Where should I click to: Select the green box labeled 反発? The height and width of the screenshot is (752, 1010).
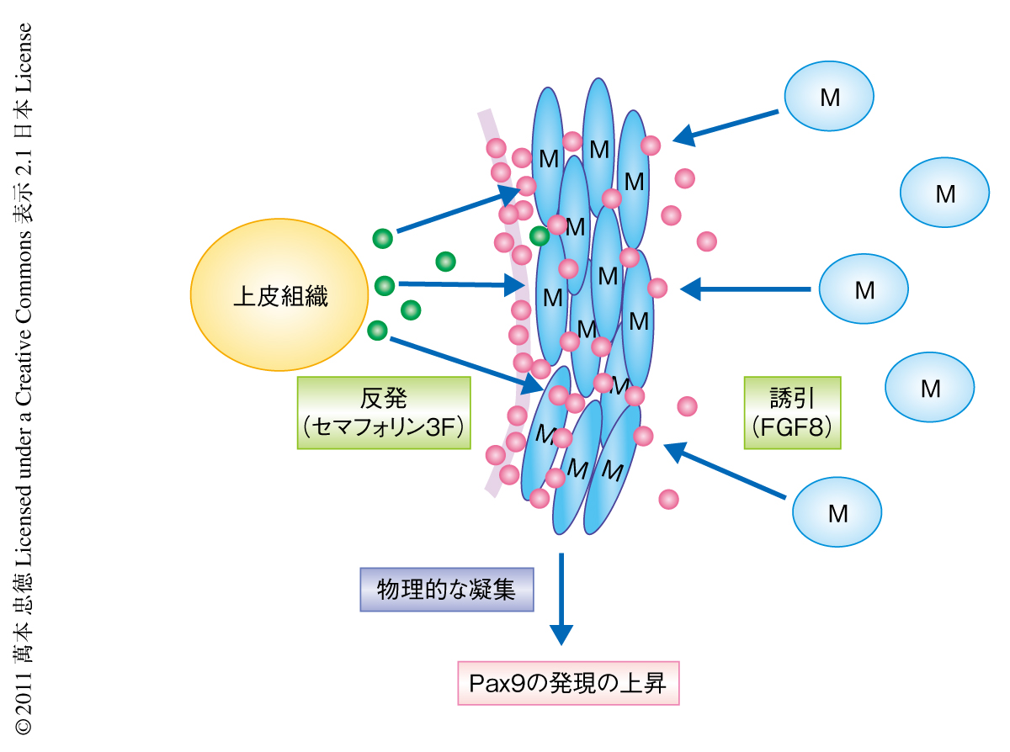(x=384, y=412)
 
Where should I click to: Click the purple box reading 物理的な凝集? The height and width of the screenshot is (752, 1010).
(x=446, y=589)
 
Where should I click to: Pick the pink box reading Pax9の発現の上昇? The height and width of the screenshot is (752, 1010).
(x=567, y=682)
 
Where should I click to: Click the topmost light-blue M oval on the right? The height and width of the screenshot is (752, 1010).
(x=829, y=97)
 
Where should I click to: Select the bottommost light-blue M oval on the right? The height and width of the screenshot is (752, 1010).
(x=837, y=512)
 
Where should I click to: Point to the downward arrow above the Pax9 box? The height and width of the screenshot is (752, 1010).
(x=561, y=598)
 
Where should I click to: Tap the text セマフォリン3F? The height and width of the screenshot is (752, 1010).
(x=384, y=426)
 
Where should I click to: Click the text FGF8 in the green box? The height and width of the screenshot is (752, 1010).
(x=793, y=426)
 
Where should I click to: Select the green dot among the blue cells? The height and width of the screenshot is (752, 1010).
(x=540, y=236)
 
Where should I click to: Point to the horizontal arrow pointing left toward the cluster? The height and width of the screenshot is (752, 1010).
(x=746, y=289)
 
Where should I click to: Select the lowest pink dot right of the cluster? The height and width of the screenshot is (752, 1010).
(x=668, y=499)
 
